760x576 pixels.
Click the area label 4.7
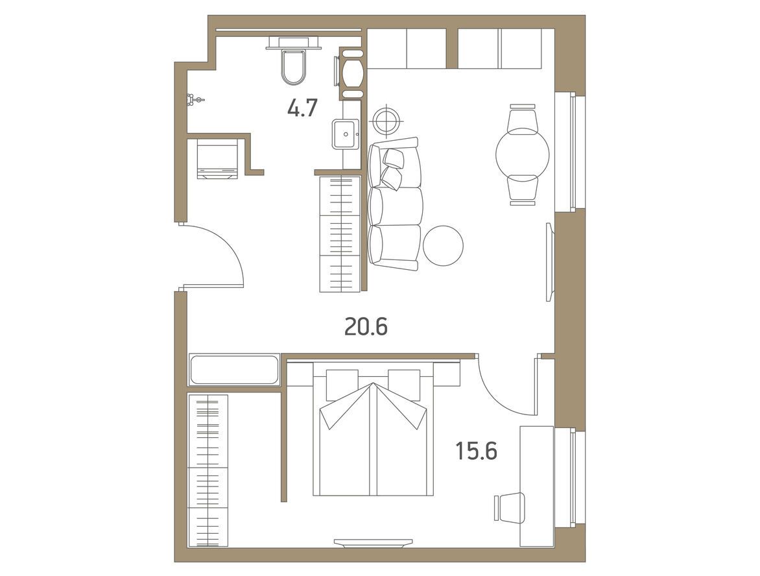coord(302,108)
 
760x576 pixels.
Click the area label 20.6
coord(366,328)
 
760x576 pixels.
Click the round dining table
coord(523,154)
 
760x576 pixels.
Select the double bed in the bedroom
coord(374,429)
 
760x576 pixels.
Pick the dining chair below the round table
coord(523,190)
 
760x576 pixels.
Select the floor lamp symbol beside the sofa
coord(386,119)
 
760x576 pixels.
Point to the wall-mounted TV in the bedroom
coord(373,543)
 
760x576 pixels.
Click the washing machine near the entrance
coord(218,159)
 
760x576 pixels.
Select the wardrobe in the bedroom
coord(208,470)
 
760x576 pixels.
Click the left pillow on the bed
coord(342,383)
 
